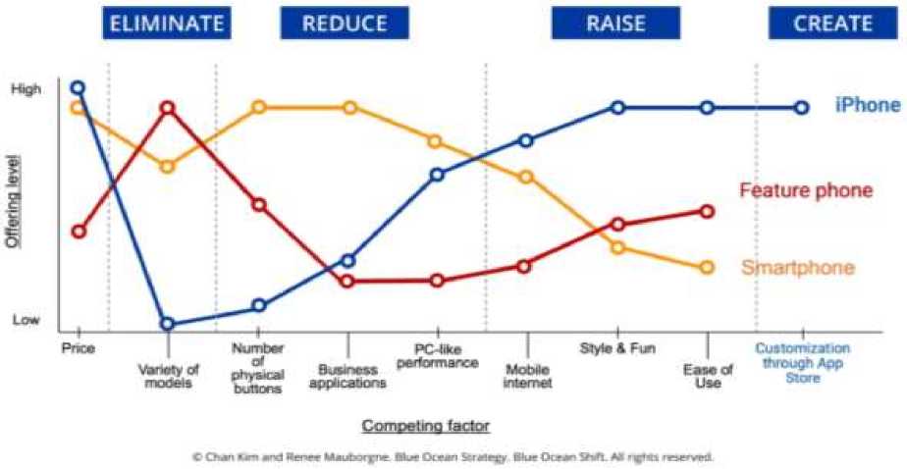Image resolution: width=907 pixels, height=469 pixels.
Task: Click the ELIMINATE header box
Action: coord(166,24)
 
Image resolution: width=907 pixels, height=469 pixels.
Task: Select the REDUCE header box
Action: coord(345,24)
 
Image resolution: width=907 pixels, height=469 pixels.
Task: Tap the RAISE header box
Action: coord(615,24)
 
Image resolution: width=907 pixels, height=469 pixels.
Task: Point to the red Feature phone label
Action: coord(805,190)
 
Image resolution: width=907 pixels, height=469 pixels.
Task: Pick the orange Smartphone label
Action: coord(798,268)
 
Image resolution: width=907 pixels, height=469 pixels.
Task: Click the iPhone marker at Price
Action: coord(78,88)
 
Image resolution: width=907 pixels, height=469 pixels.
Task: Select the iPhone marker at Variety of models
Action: coord(168,323)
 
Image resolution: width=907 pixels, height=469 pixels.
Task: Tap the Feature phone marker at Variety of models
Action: coord(168,108)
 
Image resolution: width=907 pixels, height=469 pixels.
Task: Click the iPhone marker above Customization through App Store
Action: coord(801,108)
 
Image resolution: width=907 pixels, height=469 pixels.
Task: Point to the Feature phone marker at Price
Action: coord(79,232)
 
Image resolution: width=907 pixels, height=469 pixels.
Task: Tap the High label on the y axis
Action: coord(27,89)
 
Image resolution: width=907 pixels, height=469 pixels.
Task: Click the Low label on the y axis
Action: coord(27,320)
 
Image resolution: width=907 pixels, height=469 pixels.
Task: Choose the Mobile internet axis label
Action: coord(526,377)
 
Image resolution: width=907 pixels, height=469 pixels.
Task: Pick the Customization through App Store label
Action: coord(802,362)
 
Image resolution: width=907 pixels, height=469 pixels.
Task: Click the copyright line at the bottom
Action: coord(453,456)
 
